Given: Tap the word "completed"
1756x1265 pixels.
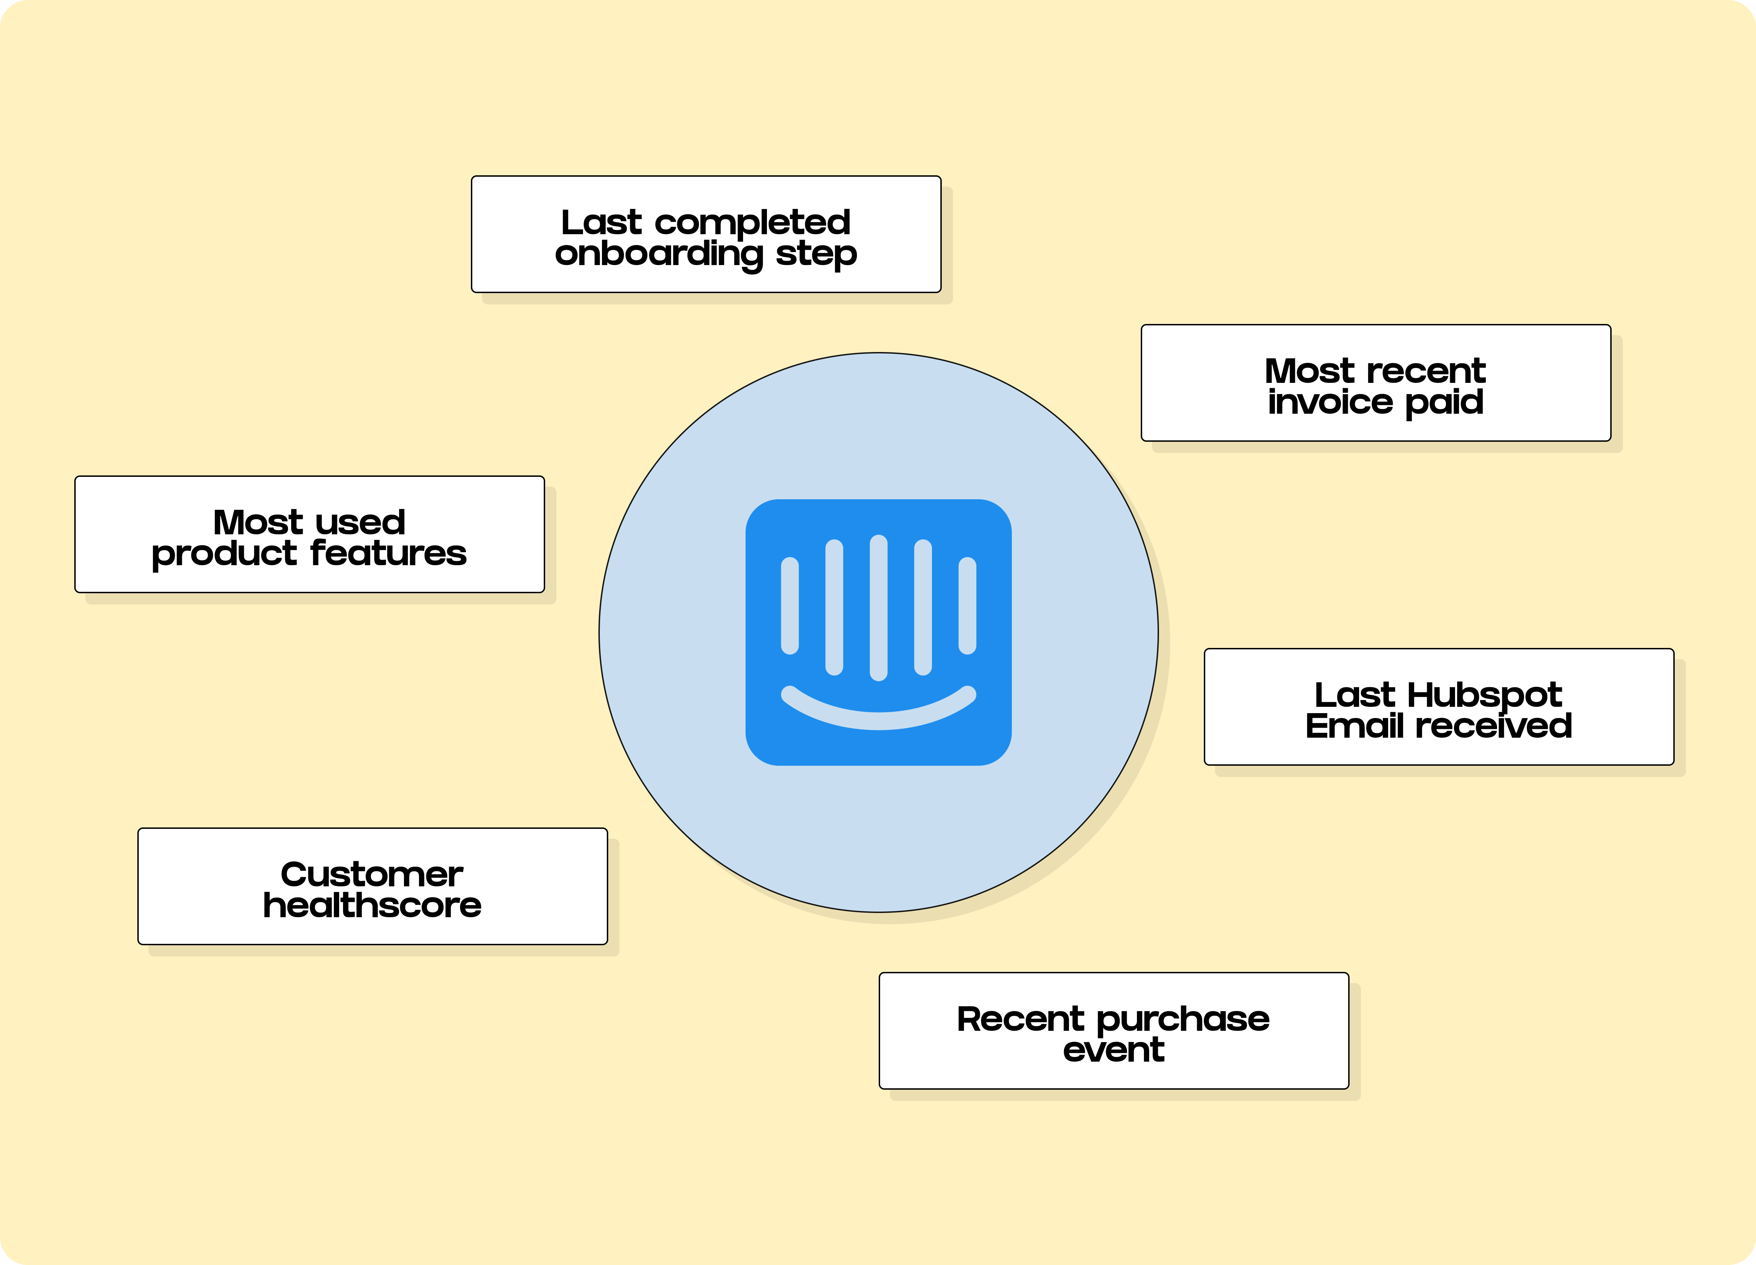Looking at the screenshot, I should point(753,223).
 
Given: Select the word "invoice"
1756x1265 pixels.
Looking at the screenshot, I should point(1330,402).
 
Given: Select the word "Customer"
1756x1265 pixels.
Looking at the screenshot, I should point(372,874).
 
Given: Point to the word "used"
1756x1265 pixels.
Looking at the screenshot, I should point(361,523).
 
